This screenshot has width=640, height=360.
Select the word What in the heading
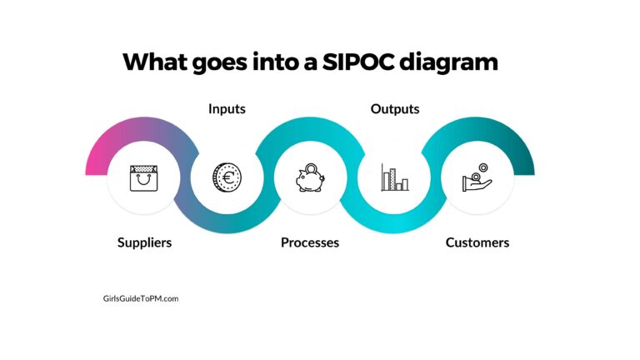click(157, 62)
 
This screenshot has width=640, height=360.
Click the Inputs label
click(227, 109)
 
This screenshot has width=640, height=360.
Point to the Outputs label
click(394, 109)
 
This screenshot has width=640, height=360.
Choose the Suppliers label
click(144, 242)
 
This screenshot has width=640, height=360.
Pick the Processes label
click(309, 242)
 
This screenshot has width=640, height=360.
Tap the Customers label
click(477, 242)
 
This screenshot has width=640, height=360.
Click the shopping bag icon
click(143, 177)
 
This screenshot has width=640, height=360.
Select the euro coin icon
click(226, 177)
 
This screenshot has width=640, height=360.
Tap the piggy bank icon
click(309, 178)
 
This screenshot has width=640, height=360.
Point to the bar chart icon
click(394, 177)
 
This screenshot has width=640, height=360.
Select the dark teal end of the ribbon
click(527, 163)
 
